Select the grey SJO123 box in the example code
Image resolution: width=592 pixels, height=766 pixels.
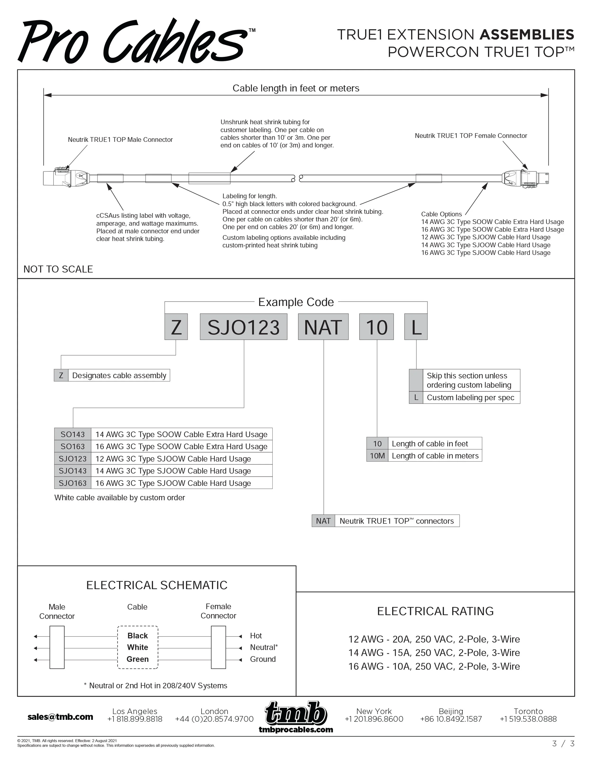pos(243,327)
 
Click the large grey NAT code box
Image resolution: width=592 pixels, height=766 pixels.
pos(323,327)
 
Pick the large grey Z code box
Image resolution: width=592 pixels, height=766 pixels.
pos(176,327)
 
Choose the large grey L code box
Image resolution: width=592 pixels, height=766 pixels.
pos(416,327)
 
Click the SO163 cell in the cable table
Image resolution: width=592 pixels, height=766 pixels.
pos(73,447)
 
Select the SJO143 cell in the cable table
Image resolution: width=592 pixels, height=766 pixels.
pos(73,471)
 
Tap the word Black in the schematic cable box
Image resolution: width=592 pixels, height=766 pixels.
pos(138,636)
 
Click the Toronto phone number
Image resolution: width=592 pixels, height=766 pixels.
pos(528,719)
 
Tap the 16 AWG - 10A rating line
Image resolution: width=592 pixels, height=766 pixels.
pos(434,666)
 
